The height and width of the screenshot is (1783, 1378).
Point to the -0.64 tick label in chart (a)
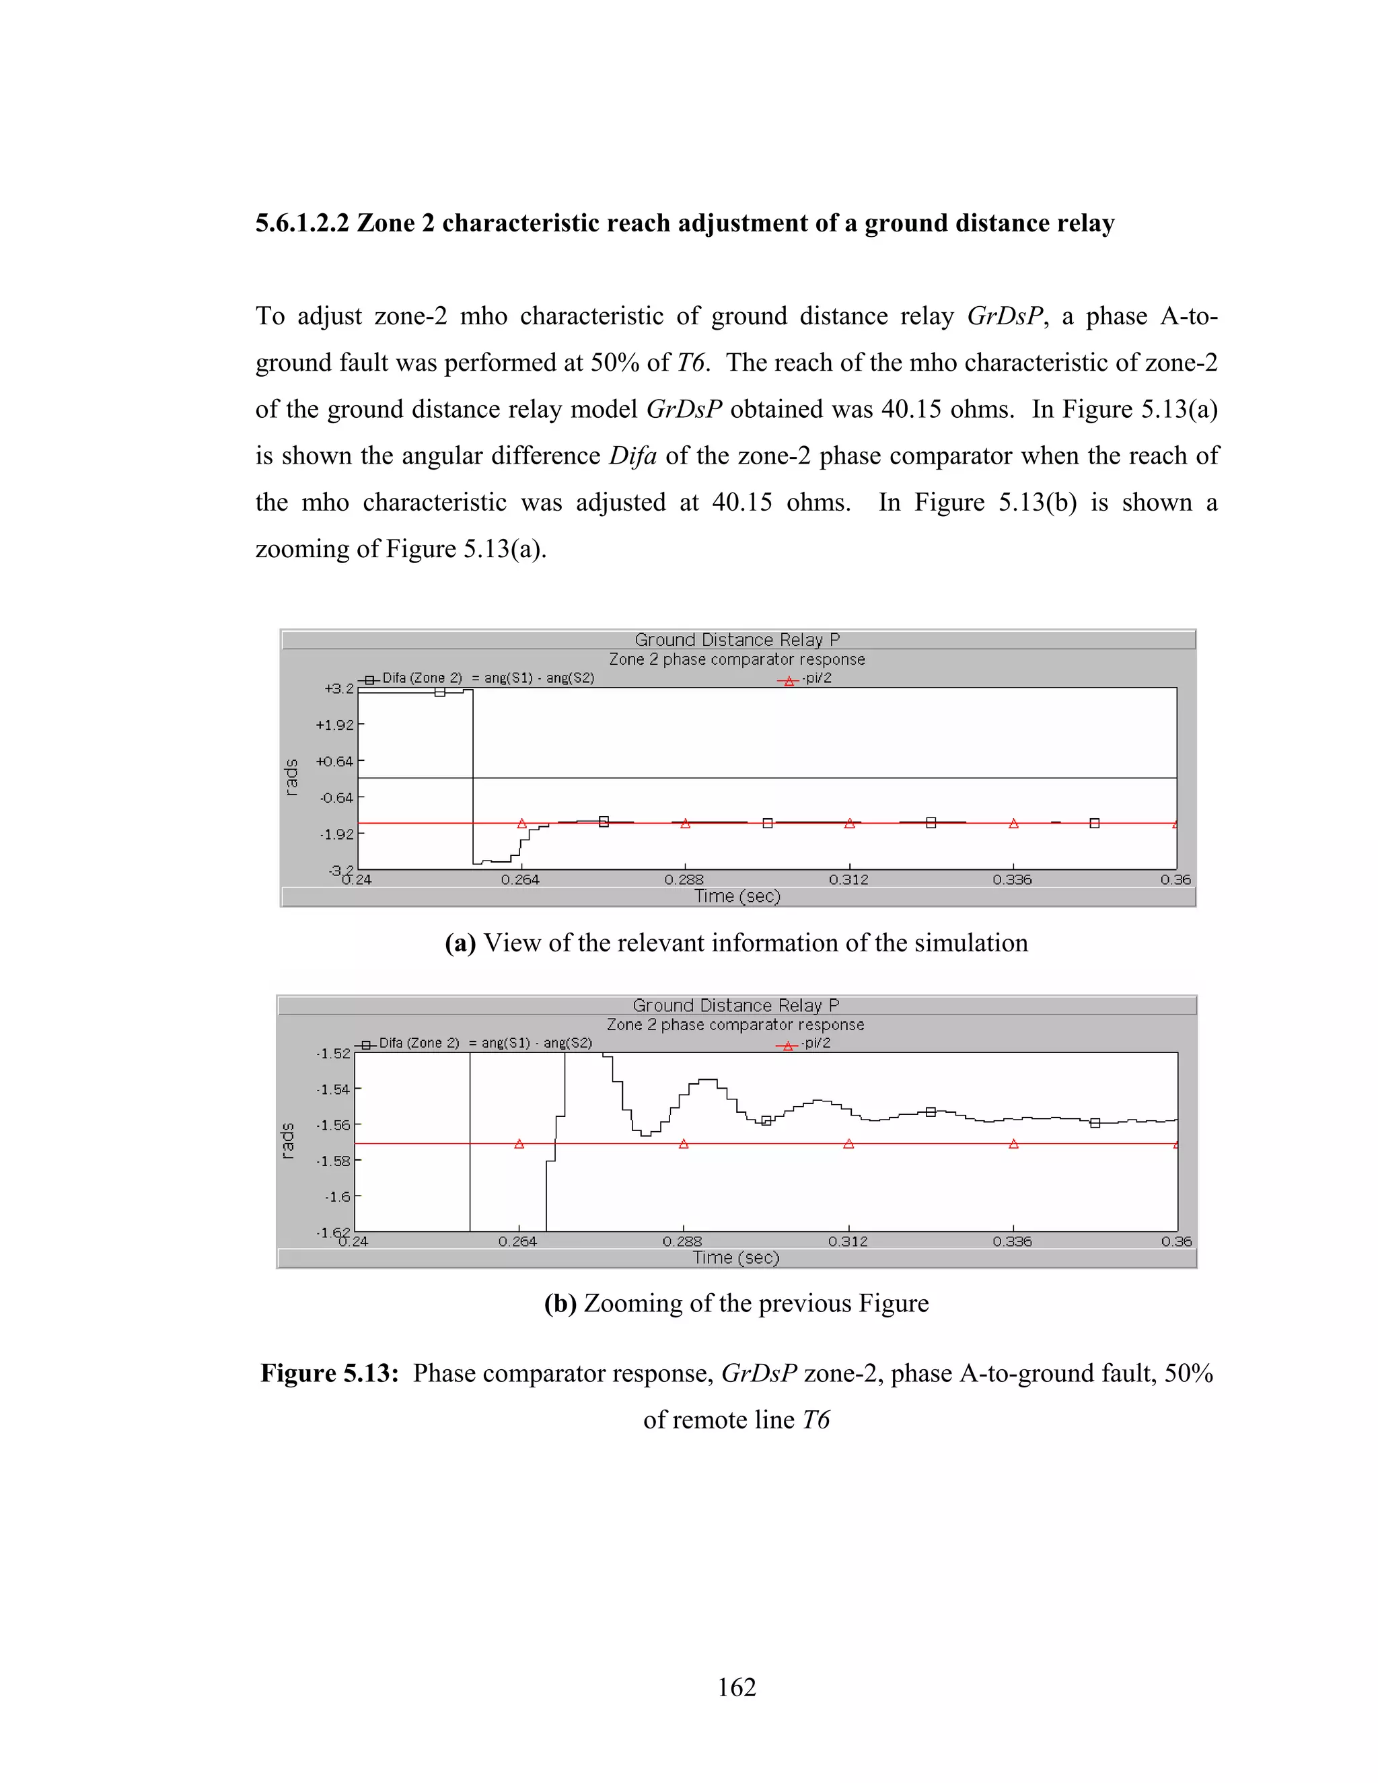point(336,797)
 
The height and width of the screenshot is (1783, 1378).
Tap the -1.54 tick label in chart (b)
point(332,1089)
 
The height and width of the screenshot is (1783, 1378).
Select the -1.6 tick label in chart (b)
point(337,1197)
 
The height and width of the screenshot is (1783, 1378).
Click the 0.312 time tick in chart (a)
point(848,880)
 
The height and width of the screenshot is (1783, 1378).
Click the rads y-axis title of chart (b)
point(287,1140)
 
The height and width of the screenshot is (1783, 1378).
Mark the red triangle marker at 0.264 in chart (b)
point(519,1144)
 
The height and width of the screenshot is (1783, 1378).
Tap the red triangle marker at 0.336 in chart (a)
point(1013,824)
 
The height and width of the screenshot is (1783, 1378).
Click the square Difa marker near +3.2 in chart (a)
point(439,692)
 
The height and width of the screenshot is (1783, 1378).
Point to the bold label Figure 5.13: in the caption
point(329,1373)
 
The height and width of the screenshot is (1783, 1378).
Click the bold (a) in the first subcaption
point(460,943)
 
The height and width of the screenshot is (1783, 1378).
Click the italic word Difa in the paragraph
point(632,456)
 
